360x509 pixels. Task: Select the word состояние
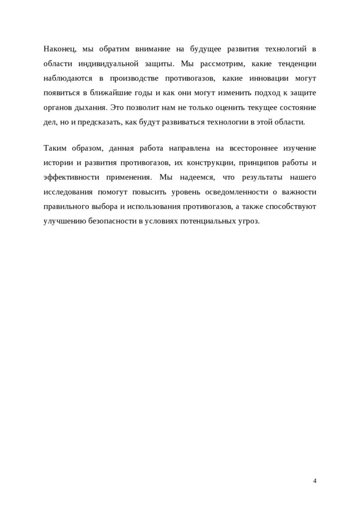click(297, 107)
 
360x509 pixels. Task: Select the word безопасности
click(112, 221)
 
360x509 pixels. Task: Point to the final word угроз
click(248, 221)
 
